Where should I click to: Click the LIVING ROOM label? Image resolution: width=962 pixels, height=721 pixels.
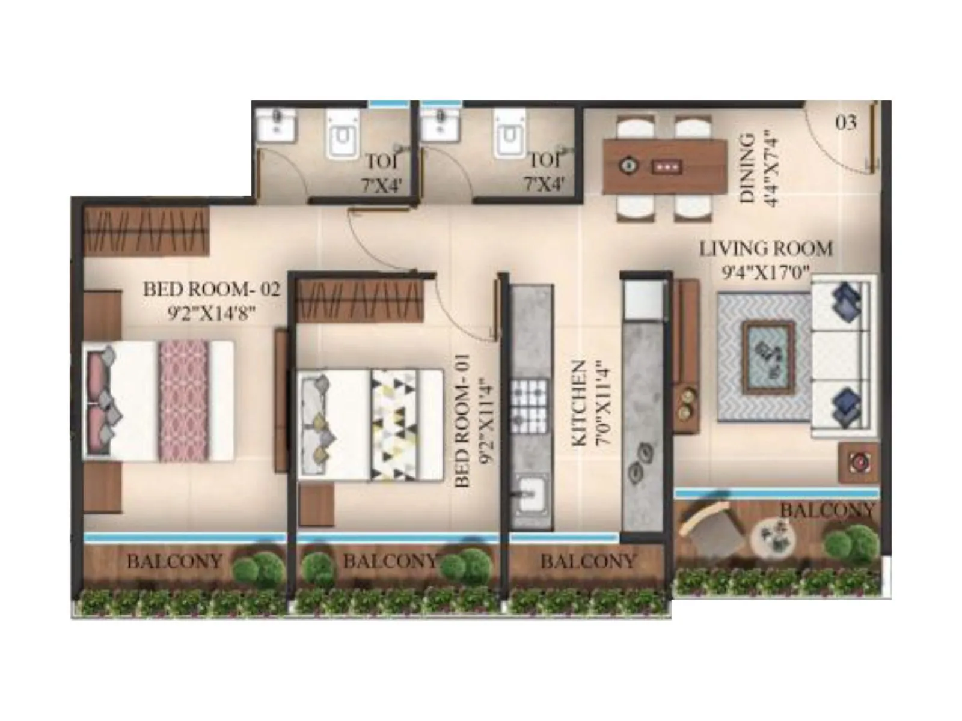(765, 248)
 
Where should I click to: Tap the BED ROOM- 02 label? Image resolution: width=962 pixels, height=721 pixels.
(211, 290)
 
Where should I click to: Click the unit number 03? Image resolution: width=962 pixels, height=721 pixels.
(845, 123)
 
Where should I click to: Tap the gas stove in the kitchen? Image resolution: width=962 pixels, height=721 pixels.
(529, 399)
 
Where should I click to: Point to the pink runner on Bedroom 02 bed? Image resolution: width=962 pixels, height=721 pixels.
(183, 401)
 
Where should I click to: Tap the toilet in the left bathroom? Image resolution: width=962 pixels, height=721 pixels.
(343, 135)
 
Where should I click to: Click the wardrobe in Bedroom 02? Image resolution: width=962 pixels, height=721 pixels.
(147, 230)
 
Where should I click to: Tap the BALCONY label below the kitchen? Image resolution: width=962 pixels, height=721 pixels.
(587, 561)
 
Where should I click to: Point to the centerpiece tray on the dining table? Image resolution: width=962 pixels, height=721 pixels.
(666, 165)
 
